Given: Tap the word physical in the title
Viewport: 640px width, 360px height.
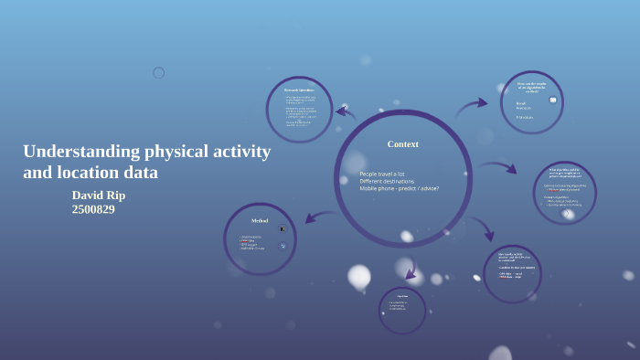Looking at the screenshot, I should pos(176,152).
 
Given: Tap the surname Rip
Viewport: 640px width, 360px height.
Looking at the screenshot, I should pos(117,195).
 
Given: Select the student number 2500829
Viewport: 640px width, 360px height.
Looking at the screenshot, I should pos(93,209).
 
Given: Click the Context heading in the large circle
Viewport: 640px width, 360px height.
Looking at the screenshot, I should pos(402,143).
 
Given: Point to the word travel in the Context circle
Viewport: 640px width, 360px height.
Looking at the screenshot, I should pos(388,174).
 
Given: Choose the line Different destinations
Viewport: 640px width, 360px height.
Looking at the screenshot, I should pos(387,181).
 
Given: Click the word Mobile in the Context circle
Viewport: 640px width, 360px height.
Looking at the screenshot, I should pos(369,188).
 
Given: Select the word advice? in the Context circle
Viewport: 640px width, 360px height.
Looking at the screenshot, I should pos(429,188).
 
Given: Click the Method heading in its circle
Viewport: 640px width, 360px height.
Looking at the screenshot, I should pos(259,220).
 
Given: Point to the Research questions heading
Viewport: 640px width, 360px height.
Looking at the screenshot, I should pos(298,90).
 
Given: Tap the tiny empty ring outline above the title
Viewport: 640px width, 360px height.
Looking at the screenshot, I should pos(158,73).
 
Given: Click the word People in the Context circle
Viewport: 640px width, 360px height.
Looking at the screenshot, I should pos(368,174).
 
